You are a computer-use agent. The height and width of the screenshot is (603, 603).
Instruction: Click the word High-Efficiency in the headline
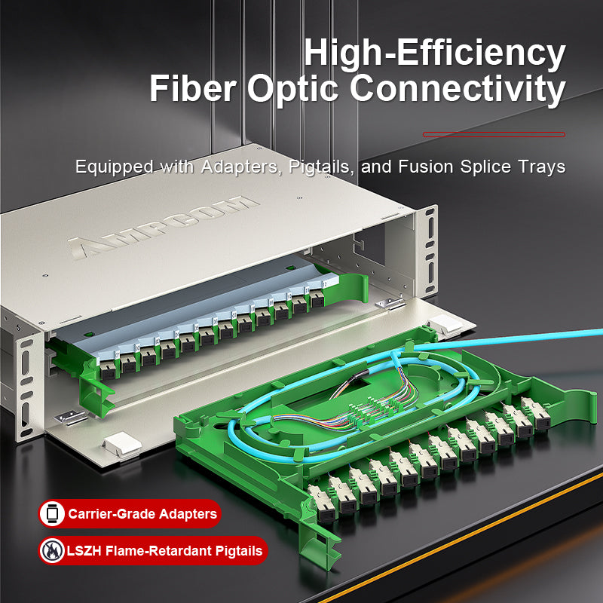(434, 54)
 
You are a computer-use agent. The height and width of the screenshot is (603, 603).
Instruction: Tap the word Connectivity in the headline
(457, 89)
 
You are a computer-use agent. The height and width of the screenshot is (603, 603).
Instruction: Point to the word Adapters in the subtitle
(240, 167)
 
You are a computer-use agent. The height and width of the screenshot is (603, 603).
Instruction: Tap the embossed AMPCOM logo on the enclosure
(163, 226)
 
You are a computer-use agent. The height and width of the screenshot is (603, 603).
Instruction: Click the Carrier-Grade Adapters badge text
(142, 514)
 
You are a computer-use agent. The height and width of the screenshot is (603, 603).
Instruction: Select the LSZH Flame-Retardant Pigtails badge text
(165, 551)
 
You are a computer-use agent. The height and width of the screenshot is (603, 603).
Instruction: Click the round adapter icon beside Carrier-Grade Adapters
(52, 514)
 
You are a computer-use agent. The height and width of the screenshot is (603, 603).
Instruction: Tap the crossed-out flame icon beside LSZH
(52, 551)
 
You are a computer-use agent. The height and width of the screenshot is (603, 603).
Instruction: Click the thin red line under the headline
(494, 134)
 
